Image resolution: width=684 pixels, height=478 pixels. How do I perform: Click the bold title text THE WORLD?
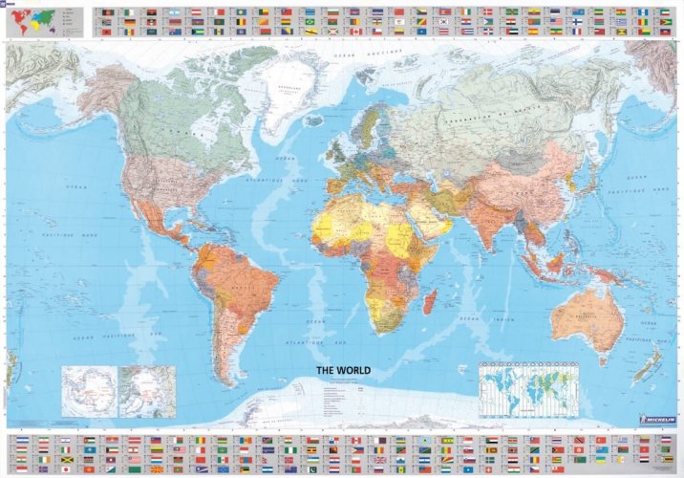(x=343, y=370)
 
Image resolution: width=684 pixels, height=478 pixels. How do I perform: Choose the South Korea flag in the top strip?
(x=445, y=16)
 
